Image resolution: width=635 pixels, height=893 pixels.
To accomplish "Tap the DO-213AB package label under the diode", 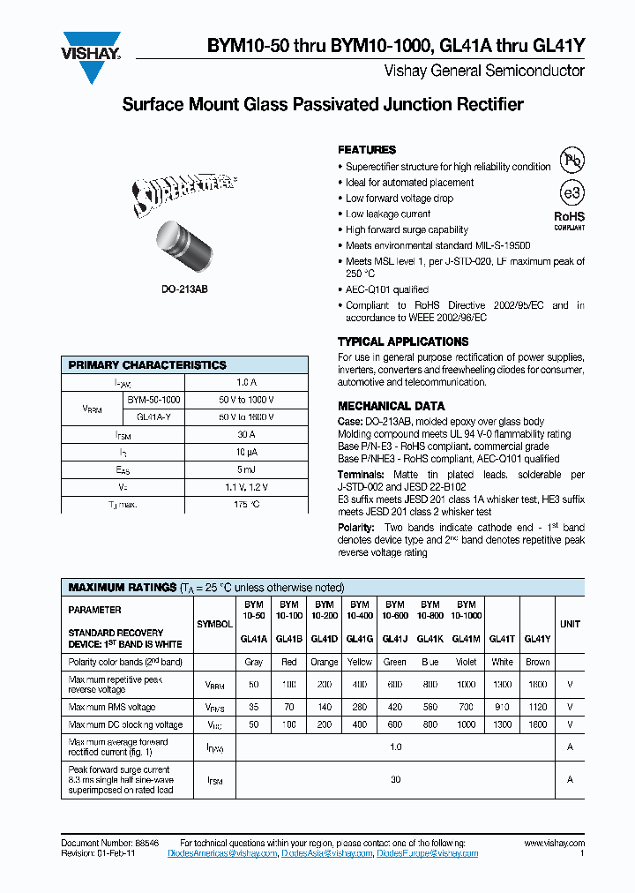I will [x=184, y=289].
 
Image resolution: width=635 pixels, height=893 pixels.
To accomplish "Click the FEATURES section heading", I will [x=367, y=150].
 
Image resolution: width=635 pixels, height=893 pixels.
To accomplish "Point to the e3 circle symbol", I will [x=572, y=193].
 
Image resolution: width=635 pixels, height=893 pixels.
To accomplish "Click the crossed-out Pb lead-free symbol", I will [x=572, y=161].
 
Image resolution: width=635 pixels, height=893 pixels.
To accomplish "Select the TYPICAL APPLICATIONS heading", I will [x=403, y=341].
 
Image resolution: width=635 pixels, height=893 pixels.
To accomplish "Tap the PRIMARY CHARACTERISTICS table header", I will [x=147, y=365].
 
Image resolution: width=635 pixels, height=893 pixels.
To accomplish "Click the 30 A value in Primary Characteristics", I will [x=246, y=434].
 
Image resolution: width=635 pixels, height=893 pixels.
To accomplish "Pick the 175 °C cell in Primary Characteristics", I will [x=246, y=504].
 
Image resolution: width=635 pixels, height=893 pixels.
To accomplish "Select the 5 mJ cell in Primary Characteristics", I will [x=246, y=469].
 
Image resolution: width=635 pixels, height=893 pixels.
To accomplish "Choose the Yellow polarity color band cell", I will [x=360, y=662].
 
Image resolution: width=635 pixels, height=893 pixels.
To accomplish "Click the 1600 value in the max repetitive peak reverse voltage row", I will [x=537, y=685].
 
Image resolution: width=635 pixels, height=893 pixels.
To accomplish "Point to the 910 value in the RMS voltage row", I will [x=502, y=707].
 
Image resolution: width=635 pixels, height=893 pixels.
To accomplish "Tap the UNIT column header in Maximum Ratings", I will [x=570, y=624].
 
